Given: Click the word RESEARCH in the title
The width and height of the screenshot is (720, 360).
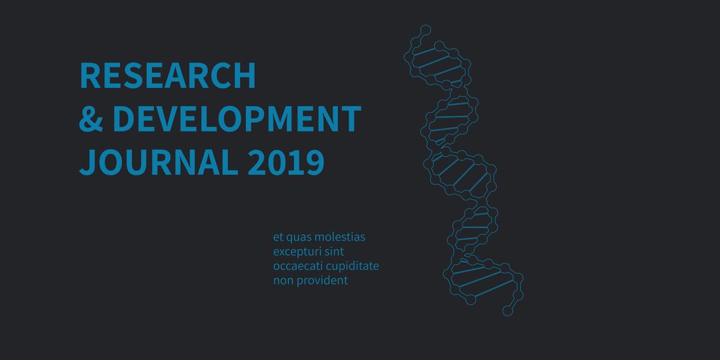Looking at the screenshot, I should [167, 76].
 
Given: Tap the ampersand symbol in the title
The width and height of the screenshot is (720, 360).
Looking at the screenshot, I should [90, 119].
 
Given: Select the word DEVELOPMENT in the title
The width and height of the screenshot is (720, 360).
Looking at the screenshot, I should [237, 119].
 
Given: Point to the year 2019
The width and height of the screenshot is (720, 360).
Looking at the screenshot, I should [286, 162].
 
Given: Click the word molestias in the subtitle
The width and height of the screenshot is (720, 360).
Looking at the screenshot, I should [340, 237].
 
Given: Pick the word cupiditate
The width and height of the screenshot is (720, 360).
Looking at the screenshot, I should [353, 267].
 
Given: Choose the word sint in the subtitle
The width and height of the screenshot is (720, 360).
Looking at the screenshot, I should [335, 251].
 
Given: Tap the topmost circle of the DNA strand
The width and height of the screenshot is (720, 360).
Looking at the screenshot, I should [425, 29].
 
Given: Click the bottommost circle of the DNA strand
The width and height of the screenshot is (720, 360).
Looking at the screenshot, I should [507, 311].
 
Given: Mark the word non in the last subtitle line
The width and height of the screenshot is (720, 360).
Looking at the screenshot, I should [282, 281].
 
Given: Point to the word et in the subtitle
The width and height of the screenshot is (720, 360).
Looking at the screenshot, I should [277, 237].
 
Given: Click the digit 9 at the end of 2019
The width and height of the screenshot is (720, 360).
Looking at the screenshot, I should [315, 162].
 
